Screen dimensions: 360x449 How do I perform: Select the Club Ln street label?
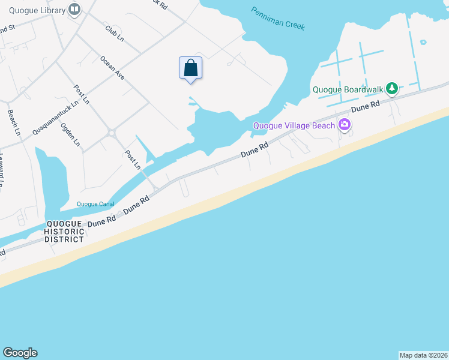(x=114, y=33)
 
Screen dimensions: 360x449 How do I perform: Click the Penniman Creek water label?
(x=278, y=19)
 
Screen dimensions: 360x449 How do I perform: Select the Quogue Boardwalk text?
(x=348, y=90)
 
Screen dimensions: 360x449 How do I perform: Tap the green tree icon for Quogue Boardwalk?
(x=392, y=89)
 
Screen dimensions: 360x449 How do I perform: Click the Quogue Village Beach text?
(x=294, y=125)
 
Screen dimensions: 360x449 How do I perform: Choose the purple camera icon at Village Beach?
(x=345, y=125)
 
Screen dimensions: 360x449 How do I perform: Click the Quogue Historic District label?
(x=65, y=232)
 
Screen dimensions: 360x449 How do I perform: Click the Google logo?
(x=20, y=353)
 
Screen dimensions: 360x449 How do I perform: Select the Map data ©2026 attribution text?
(x=424, y=355)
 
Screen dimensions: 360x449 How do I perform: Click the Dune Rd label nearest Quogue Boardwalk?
(x=366, y=107)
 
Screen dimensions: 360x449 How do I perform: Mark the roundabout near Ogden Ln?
(x=110, y=133)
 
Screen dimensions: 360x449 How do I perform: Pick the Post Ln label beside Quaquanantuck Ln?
(x=81, y=94)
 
